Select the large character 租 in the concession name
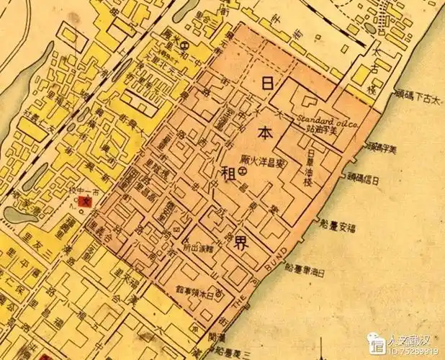coord(230,173)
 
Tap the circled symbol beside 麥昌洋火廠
coord(243,172)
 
